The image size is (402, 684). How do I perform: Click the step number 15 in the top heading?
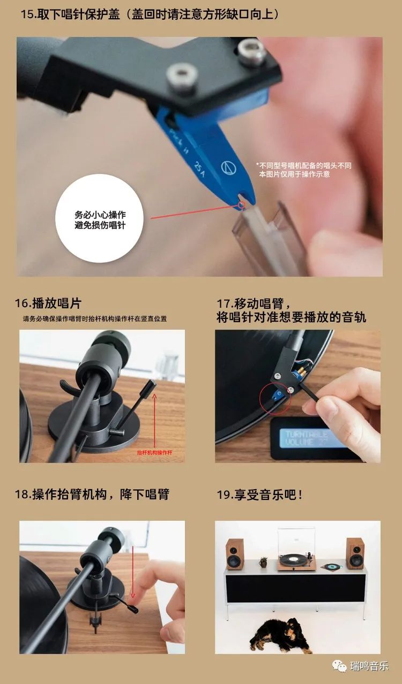[27, 14]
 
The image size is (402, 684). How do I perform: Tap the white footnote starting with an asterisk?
[303, 170]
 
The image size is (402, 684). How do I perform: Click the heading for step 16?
[48, 303]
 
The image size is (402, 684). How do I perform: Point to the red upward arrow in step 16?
[155, 417]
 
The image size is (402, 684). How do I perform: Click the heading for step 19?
[259, 494]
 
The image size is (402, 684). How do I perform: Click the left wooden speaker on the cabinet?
[234, 554]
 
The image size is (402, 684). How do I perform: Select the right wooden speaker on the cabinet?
[355, 553]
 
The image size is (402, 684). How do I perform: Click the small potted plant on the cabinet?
[263, 563]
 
